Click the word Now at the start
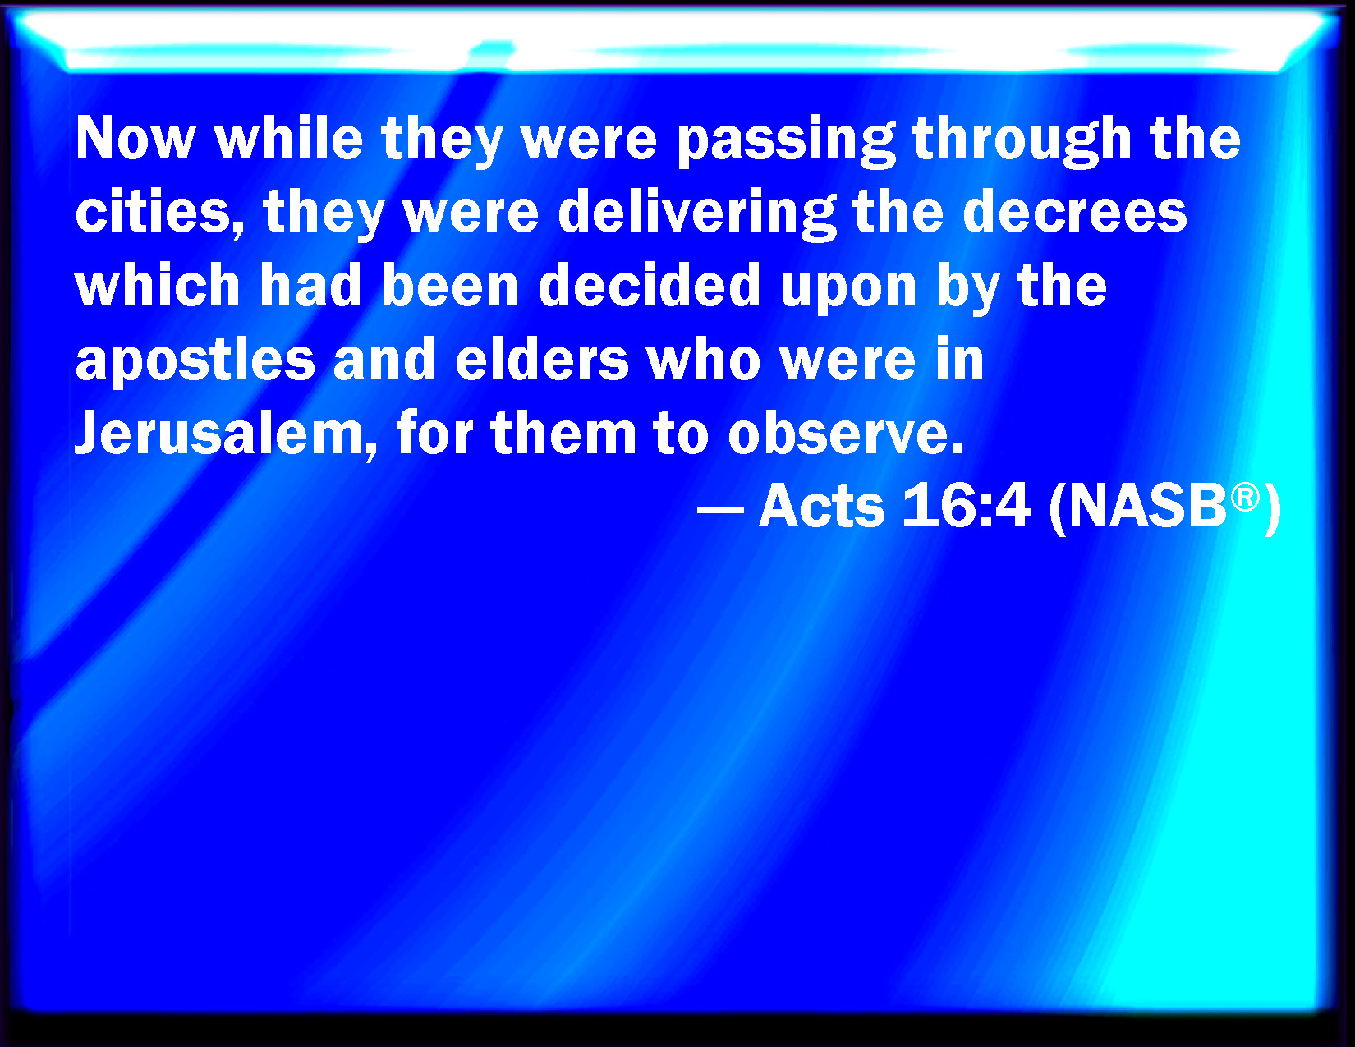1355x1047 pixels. [135, 139]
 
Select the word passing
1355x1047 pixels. [786, 141]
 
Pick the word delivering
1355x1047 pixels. [696, 214]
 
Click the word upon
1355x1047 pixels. [848, 290]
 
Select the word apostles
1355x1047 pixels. [195, 361]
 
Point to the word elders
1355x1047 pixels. [542, 358]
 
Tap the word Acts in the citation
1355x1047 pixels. [821, 506]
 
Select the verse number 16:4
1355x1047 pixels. [965, 506]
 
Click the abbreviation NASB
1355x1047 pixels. [1148, 506]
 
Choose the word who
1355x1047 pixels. [704, 358]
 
